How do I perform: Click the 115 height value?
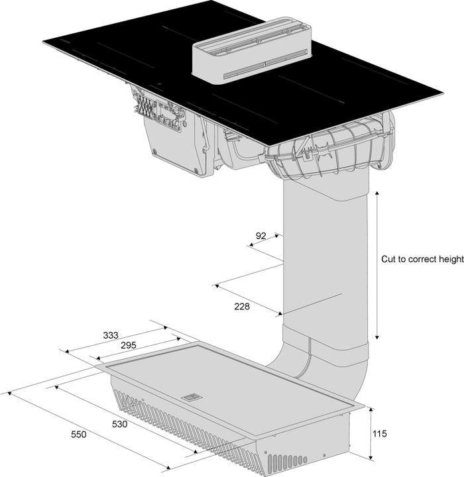point(380,434)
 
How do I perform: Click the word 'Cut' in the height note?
point(388,260)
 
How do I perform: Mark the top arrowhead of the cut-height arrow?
point(377,193)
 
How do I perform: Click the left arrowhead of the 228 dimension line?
point(216,286)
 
